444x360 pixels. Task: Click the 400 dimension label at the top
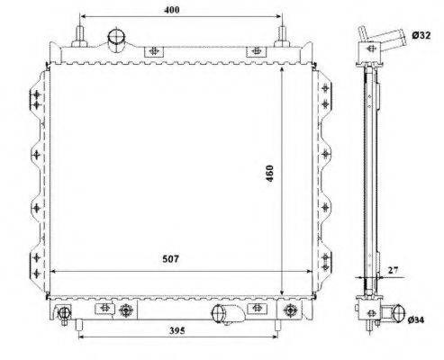pos(172,10)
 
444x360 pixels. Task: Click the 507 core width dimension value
pos(170,258)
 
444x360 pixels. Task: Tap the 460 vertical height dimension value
pos(269,174)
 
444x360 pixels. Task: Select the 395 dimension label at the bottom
pos(177,330)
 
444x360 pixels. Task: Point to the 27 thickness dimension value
pos(393,270)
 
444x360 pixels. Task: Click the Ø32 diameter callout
pos(421,35)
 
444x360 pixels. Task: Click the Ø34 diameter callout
pos(416,320)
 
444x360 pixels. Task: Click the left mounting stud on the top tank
pos(79,37)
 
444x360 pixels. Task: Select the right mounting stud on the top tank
pos(282,37)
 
